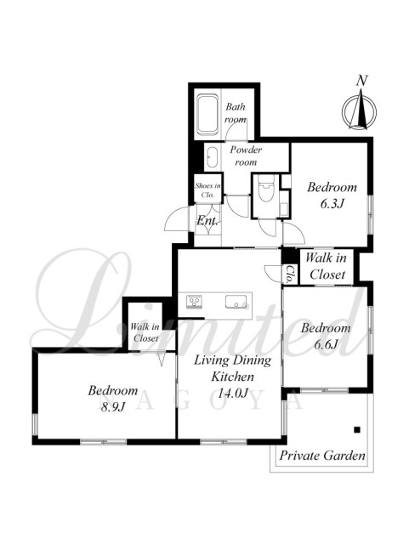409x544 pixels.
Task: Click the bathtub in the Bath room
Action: [207, 114]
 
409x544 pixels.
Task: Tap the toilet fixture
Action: [266, 188]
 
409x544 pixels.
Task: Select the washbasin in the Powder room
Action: [212, 158]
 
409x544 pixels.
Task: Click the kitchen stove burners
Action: [194, 301]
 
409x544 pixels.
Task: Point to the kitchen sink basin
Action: [236, 301]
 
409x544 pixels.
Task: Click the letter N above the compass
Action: [361, 81]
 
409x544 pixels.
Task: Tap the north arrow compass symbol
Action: [359, 110]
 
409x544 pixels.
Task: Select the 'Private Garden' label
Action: [322, 456]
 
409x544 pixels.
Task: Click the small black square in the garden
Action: [357, 430]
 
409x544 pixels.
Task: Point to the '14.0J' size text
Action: [233, 393]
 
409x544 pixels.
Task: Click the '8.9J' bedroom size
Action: [112, 406]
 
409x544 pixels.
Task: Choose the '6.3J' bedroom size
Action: [332, 203]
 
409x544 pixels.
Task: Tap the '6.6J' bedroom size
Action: [326, 344]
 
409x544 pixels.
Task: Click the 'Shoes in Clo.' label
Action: [207, 190]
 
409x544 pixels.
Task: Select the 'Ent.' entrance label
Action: [207, 221]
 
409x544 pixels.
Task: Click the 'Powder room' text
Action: [246, 156]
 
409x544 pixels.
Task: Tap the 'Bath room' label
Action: [236, 113]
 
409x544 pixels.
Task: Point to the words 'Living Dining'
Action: [232, 360]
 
